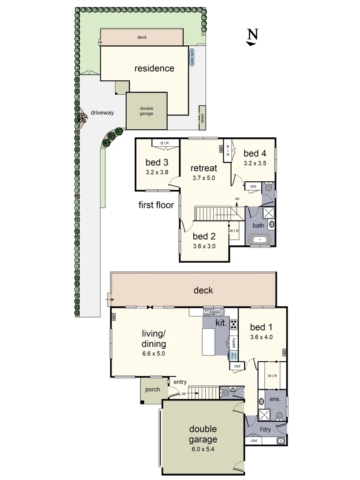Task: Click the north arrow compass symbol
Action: pos(252,37)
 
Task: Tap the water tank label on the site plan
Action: pos(192,57)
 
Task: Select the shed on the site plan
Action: pos(202,118)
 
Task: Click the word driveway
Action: pos(102,112)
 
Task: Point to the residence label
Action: pos(154,68)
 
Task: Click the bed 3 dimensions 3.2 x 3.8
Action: pos(156,172)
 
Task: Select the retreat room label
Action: pos(204,168)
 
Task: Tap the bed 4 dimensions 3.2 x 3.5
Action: pos(255,163)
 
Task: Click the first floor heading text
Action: pos(156,205)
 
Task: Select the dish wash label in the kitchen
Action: pos(207,311)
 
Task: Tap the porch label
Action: pos(152,389)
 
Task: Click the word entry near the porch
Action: pos(180,382)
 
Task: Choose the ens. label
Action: pos(275,399)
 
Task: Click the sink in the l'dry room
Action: pos(280,441)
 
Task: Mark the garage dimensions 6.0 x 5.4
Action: pos(204,449)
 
